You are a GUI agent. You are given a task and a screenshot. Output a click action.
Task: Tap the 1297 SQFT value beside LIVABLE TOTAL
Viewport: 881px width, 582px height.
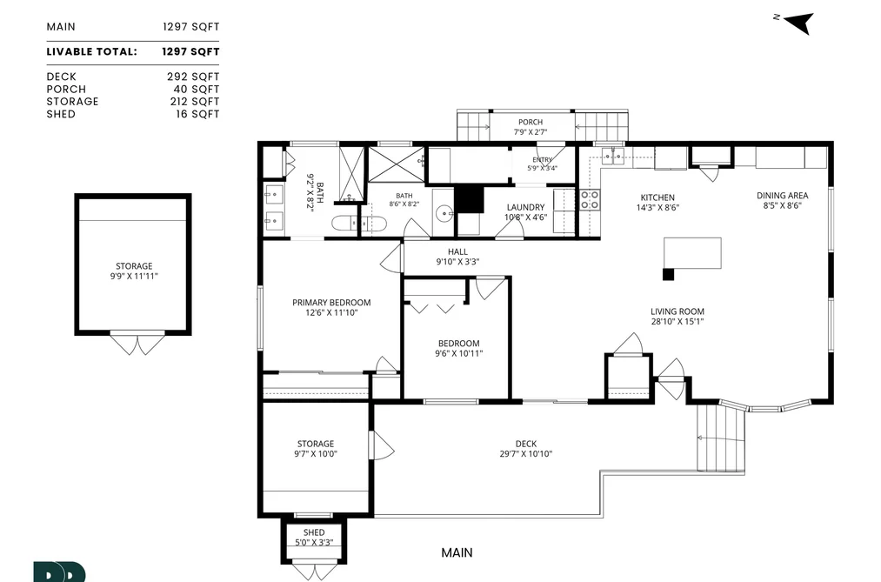click(x=190, y=51)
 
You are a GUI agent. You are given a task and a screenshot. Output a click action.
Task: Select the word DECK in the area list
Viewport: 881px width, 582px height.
click(x=61, y=77)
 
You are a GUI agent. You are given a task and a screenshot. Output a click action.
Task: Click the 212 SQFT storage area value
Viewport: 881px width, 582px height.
click(x=195, y=102)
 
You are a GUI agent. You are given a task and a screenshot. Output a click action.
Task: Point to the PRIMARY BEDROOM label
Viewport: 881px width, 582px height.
click(x=331, y=302)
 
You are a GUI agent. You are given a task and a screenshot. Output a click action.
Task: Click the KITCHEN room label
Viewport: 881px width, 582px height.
click(x=657, y=197)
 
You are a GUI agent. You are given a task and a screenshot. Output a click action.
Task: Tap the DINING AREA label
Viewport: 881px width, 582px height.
click(x=782, y=196)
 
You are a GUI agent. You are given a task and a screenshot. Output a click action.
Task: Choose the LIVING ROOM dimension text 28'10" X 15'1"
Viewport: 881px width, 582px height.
click(x=677, y=322)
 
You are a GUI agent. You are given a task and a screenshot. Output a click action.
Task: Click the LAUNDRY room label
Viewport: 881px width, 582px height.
click(x=525, y=207)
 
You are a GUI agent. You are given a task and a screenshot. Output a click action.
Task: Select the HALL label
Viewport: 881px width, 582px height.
click(x=458, y=251)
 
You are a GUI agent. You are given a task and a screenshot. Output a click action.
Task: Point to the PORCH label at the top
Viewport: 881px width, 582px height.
click(x=531, y=122)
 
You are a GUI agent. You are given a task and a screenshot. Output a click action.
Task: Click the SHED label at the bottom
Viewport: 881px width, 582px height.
click(x=314, y=532)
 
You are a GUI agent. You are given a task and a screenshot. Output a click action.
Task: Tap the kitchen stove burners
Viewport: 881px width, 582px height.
click(x=590, y=200)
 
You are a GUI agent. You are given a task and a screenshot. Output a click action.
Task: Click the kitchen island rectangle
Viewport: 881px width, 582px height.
click(x=692, y=253)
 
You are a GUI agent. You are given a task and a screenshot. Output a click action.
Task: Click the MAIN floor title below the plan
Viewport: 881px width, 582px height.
click(x=457, y=552)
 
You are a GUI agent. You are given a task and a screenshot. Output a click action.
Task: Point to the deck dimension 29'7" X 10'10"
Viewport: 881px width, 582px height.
click(x=526, y=454)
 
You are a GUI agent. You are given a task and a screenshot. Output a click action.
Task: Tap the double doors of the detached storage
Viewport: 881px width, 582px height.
click(x=137, y=344)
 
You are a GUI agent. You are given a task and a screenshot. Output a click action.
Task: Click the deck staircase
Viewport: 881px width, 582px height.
click(x=721, y=438)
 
